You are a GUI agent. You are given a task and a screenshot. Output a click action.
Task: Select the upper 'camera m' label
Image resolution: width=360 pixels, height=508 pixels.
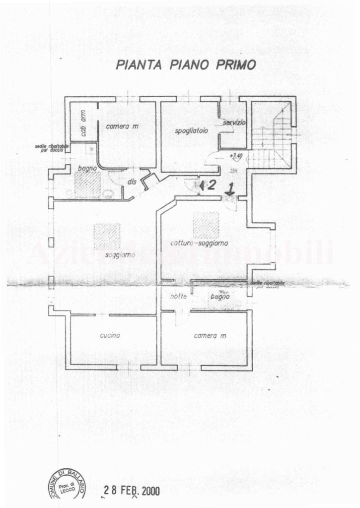122,127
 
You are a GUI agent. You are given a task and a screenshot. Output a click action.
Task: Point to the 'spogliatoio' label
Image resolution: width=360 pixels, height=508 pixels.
191,130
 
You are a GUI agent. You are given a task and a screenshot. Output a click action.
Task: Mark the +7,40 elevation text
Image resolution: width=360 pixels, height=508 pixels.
236,156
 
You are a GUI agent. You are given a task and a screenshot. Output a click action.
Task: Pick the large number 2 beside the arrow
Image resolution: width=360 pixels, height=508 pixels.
211,186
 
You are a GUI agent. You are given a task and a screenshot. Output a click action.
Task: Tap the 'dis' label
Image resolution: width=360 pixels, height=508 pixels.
132,182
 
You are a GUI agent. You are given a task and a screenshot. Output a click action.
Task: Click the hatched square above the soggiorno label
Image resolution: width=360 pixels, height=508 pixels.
106,236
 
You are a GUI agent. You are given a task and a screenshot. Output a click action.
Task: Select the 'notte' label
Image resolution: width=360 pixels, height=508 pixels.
177,296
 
